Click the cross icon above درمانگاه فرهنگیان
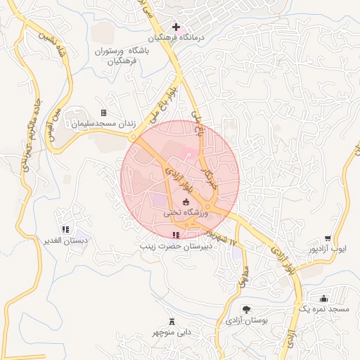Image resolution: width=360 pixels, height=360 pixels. [x=176, y=27]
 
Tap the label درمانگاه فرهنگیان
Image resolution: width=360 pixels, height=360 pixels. [x=175, y=39]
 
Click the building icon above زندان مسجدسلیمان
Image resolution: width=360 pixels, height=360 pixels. [x=104, y=112]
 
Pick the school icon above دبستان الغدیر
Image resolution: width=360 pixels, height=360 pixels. [x=65, y=229]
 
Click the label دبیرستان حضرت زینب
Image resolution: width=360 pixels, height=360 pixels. [x=174, y=247]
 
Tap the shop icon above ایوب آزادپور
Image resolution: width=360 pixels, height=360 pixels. [x=328, y=238]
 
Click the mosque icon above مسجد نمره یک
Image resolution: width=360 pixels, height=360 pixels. [x=323, y=298]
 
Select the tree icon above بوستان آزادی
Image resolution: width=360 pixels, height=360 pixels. [x=246, y=309]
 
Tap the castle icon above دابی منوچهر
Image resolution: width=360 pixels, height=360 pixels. [x=170, y=321]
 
